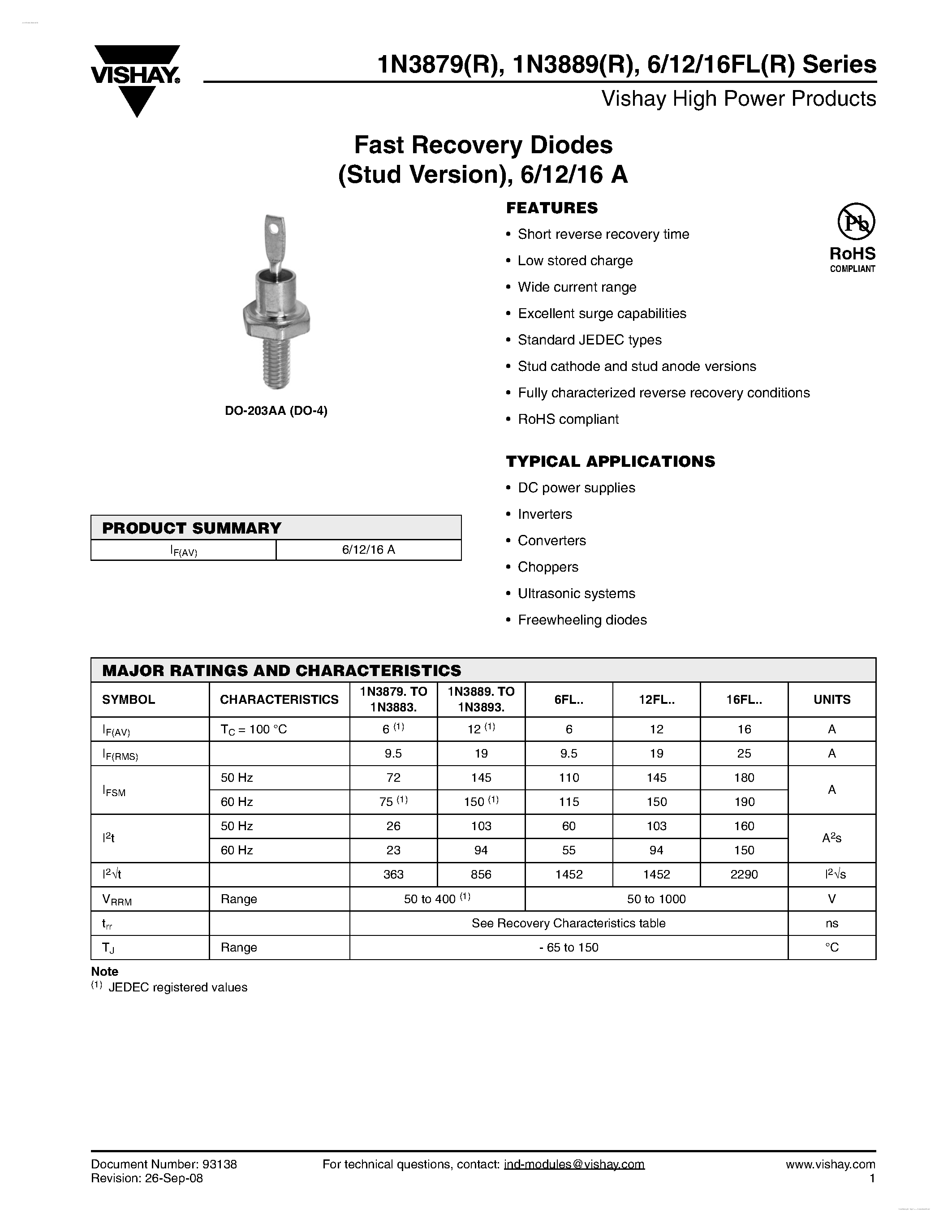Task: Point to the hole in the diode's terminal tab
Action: pos(274,229)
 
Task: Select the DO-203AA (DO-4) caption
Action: pos(276,411)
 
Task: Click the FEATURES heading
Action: pos(551,208)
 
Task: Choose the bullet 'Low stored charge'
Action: pos(575,261)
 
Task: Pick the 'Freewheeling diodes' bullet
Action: pos(582,620)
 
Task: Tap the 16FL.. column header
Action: pos(744,699)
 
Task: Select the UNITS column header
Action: pos(831,699)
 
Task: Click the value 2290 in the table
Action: pos(744,874)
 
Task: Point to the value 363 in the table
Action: pos(393,874)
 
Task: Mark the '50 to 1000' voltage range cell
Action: pos(656,899)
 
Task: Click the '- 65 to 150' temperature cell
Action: pos(569,948)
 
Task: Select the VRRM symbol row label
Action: pos(117,900)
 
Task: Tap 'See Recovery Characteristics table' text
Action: pos(569,923)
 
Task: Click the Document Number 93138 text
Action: pos(164,1164)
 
